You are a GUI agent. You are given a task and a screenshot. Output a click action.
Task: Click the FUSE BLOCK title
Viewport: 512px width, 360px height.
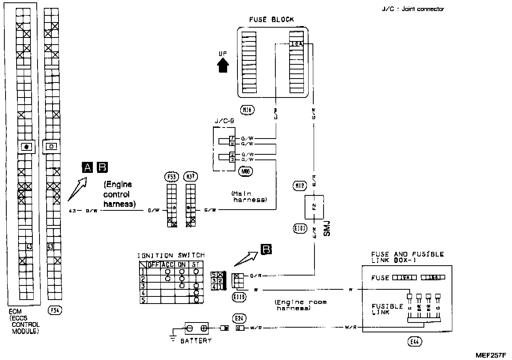pyautogui.click(x=271, y=20)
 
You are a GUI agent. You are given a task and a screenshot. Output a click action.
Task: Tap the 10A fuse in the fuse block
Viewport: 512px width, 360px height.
pyautogui.click(x=296, y=44)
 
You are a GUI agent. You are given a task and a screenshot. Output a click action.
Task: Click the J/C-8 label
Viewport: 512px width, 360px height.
pyautogui.click(x=224, y=122)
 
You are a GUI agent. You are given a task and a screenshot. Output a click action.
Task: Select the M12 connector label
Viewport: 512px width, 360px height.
pyautogui.click(x=299, y=185)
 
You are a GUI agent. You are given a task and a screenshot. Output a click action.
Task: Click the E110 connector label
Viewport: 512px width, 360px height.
pyautogui.click(x=239, y=297)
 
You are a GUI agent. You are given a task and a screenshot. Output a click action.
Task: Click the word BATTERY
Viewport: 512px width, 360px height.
pyautogui.click(x=196, y=341)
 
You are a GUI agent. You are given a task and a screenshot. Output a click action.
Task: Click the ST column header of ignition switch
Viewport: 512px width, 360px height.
pyautogui.click(x=196, y=264)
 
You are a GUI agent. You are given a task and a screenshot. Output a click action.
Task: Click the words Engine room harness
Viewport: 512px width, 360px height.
pyautogui.click(x=301, y=305)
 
